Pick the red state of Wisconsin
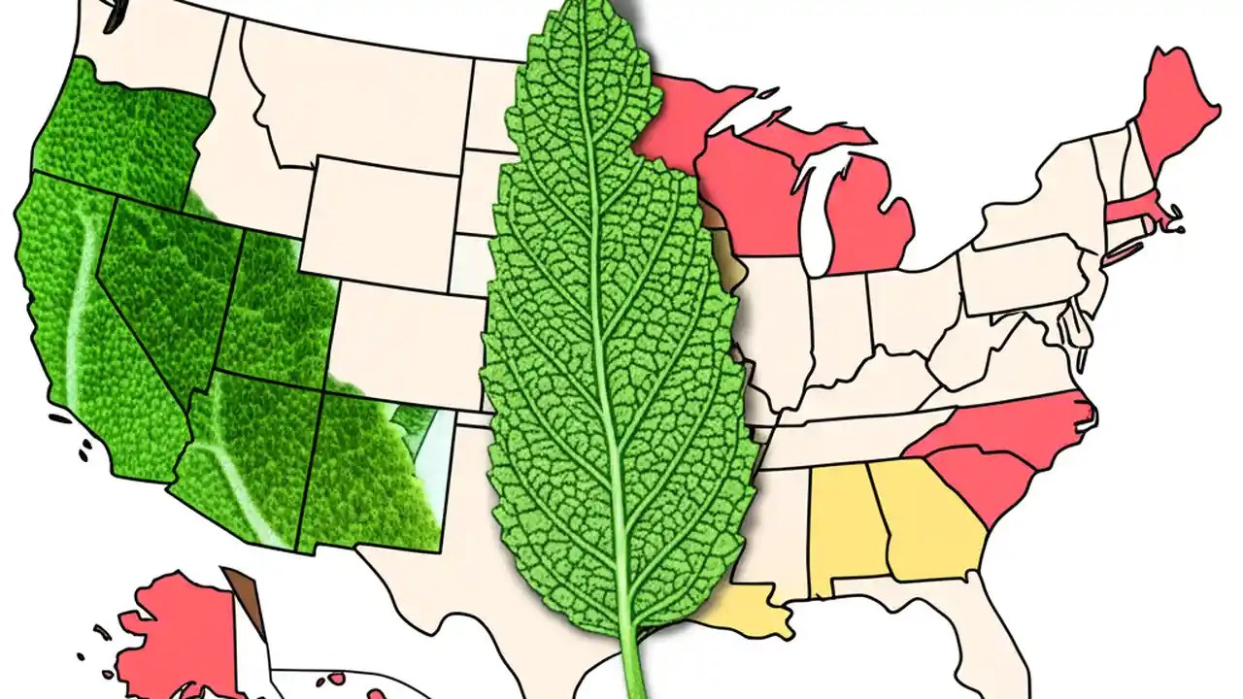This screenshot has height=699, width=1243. coord(743,194)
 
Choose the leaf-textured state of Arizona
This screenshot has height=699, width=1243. coord(243,456)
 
